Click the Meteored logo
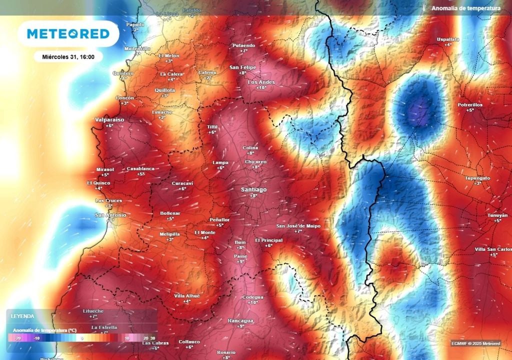(68, 34)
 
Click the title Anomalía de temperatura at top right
(465, 8)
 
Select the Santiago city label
(253, 190)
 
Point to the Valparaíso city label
(109, 120)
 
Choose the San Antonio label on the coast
(110, 215)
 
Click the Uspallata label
(448, 39)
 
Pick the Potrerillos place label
(470, 104)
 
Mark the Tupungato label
(477, 178)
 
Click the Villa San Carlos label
(493, 249)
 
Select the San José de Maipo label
(298, 226)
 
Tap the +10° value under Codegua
(252, 302)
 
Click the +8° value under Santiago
(253, 196)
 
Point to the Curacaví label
(182, 183)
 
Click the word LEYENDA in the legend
(22, 316)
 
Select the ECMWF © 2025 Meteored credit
(475, 343)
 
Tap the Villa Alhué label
(186, 295)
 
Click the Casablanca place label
(140, 168)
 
